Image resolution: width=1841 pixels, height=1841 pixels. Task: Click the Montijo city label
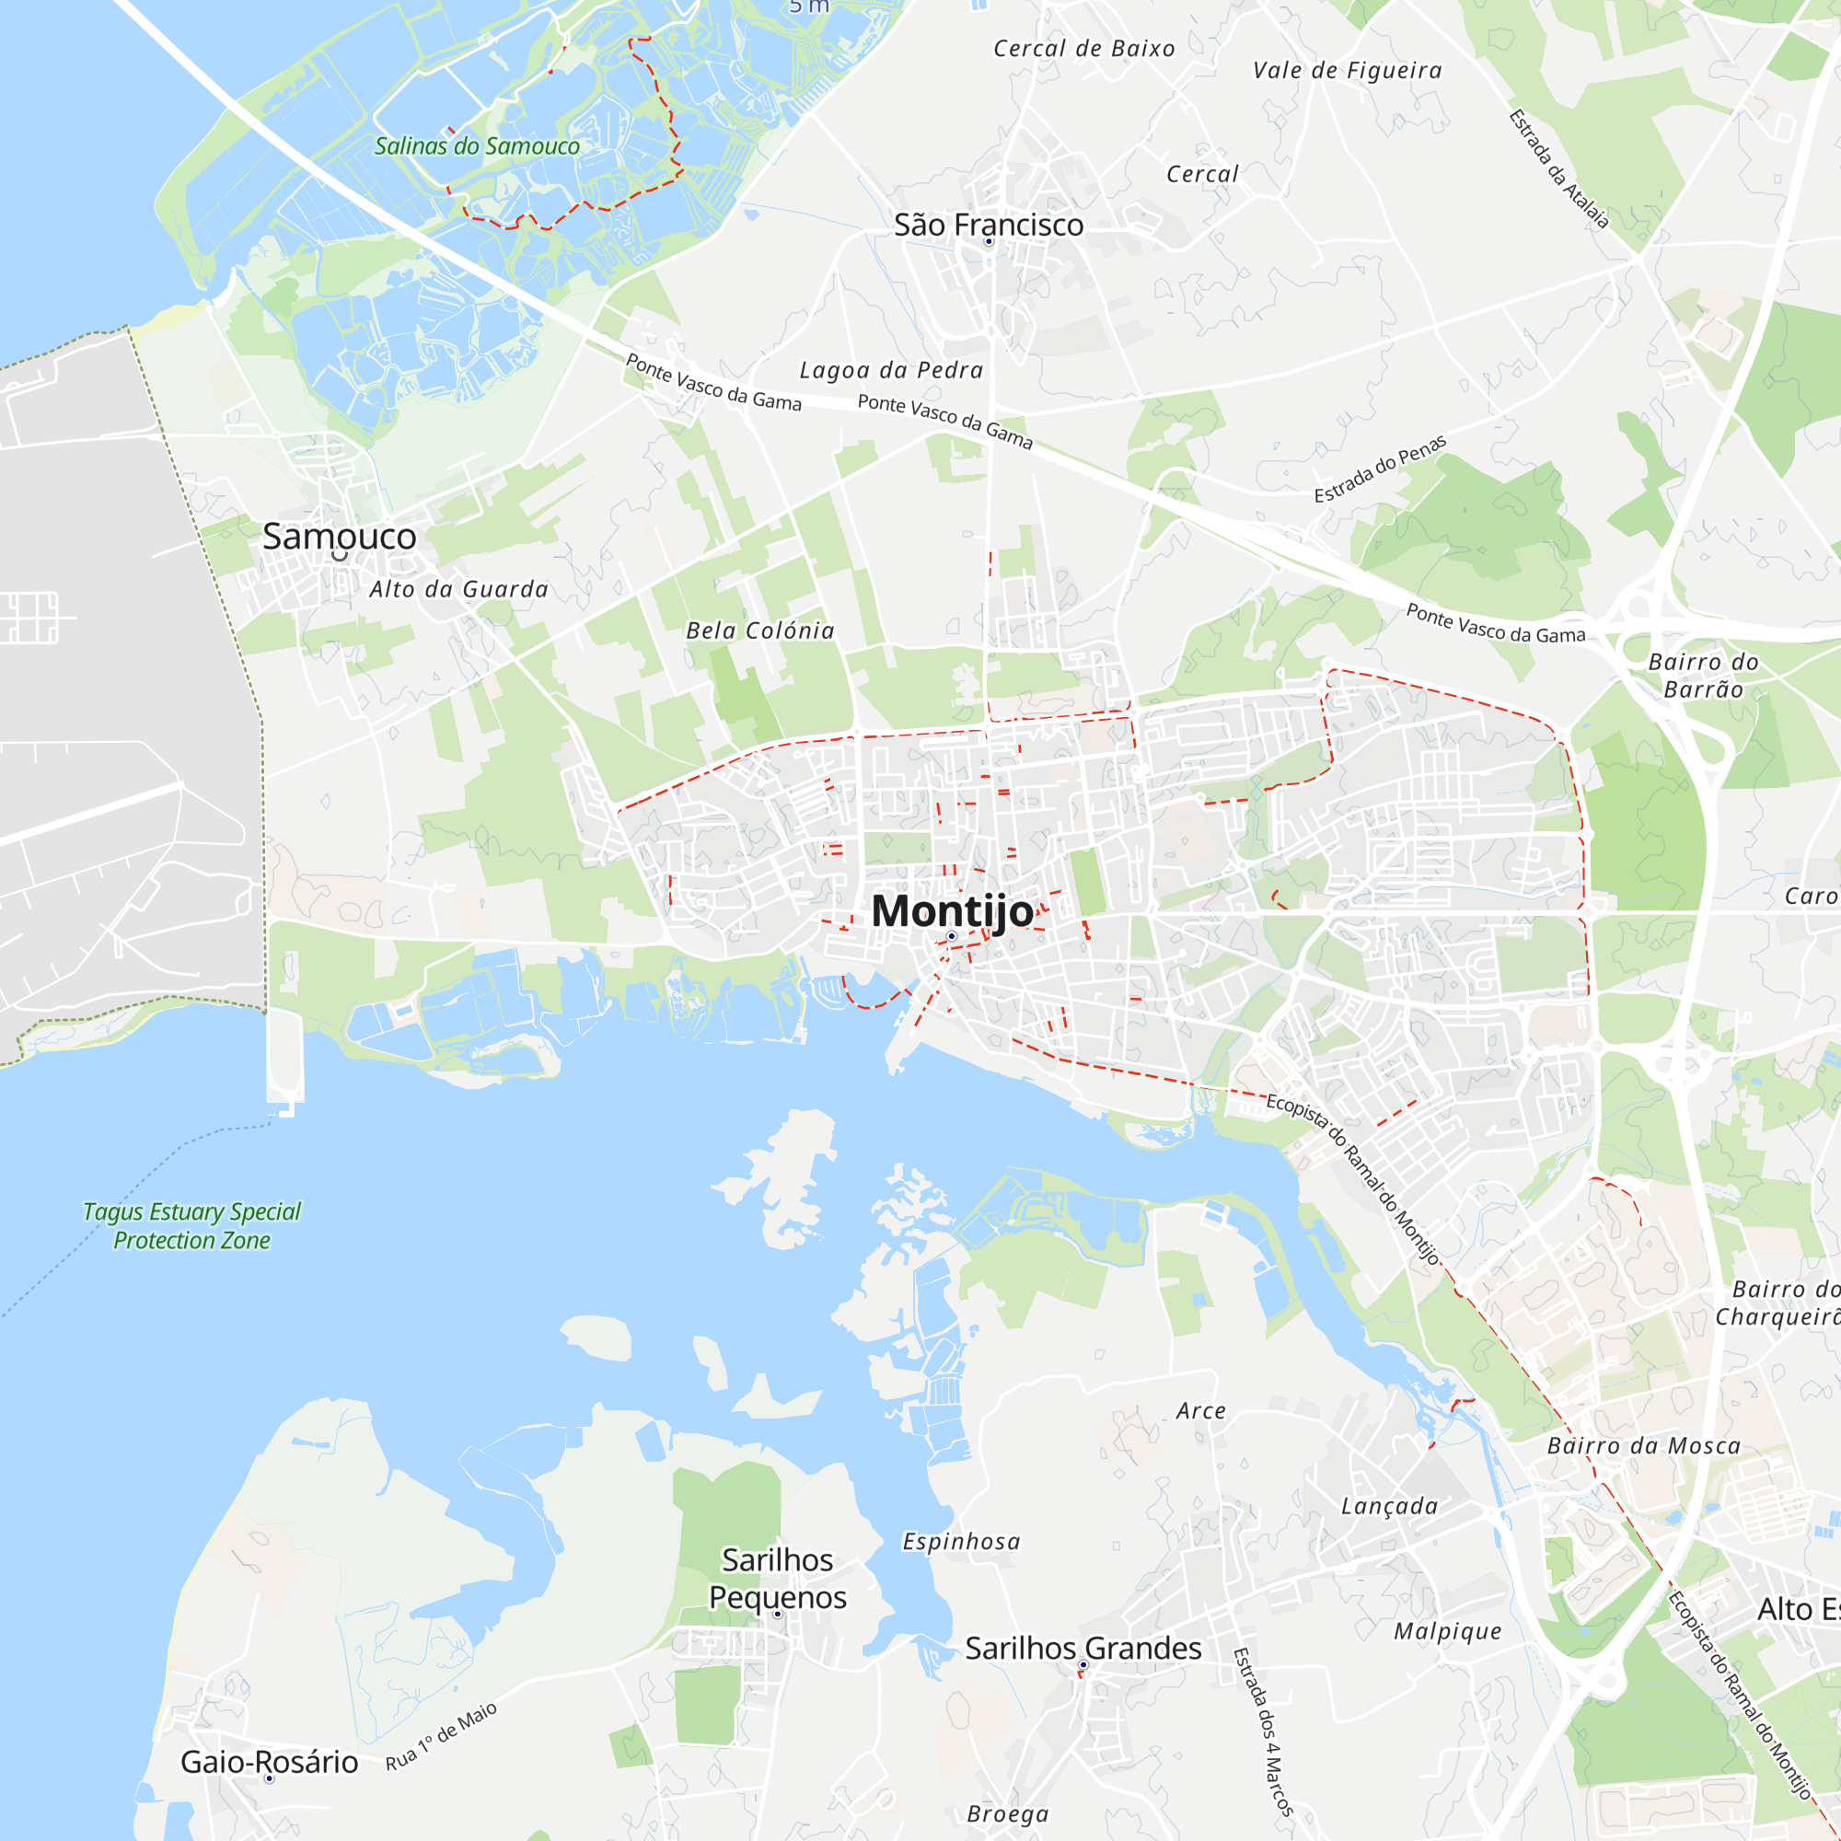pyautogui.click(x=952, y=911)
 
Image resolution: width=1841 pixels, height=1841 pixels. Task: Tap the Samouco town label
pyautogui.click(x=340, y=537)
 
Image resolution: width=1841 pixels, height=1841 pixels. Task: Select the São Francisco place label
pyautogui.click(x=988, y=225)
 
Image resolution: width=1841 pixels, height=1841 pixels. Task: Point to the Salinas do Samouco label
pyautogui.click(x=477, y=145)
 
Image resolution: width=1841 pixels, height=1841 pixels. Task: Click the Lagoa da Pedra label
pyautogui.click(x=891, y=370)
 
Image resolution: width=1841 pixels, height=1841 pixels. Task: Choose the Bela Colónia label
pyautogui.click(x=760, y=630)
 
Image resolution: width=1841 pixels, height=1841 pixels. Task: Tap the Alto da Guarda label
pyautogui.click(x=459, y=589)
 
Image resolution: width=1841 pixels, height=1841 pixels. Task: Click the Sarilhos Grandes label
pyautogui.click(x=1083, y=1648)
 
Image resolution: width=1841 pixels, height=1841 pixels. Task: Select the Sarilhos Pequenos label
pyautogui.click(x=778, y=1578)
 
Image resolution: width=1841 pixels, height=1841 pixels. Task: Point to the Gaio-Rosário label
pyautogui.click(x=270, y=1761)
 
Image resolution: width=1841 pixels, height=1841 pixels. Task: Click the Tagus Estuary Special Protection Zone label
pyautogui.click(x=191, y=1225)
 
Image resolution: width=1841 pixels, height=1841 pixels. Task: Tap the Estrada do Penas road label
pyautogui.click(x=1380, y=469)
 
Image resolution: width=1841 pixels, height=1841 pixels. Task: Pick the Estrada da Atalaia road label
pyautogui.click(x=1559, y=168)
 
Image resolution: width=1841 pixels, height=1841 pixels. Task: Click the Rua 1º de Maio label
pyautogui.click(x=441, y=1736)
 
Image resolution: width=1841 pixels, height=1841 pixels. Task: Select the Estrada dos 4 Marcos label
pyautogui.click(x=1264, y=1731)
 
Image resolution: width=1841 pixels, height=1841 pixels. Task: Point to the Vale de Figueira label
pyautogui.click(x=1348, y=70)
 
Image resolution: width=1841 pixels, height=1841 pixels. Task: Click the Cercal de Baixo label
pyautogui.click(x=1084, y=49)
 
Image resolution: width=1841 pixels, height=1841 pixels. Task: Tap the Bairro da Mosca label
pyautogui.click(x=1644, y=1445)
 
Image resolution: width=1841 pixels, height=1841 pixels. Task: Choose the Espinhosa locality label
pyautogui.click(x=962, y=1541)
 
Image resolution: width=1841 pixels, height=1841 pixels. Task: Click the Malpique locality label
pyautogui.click(x=1447, y=1630)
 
